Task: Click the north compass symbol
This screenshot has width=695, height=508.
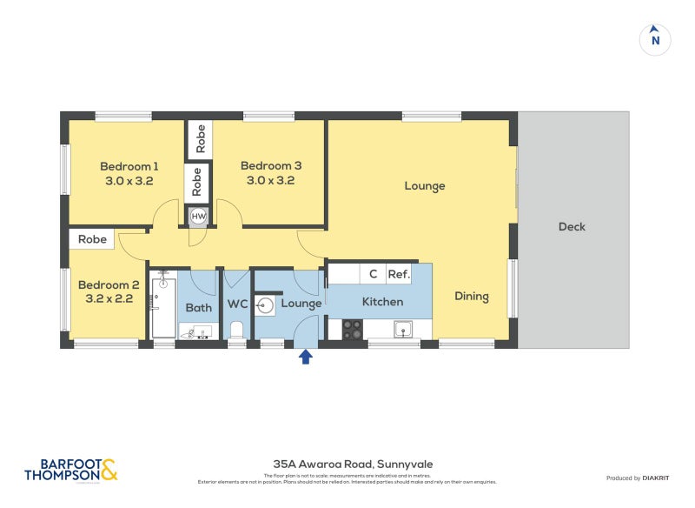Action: pyautogui.click(x=655, y=39)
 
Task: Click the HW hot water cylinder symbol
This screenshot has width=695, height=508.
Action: pyautogui.click(x=198, y=216)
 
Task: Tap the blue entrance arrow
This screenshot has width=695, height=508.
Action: pyautogui.click(x=305, y=356)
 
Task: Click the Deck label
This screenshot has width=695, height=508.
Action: pyautogui.click(x=572, y=227)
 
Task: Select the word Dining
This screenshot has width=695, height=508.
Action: pyautogui.click(x=472, y=297)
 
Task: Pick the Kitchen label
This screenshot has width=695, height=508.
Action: pyautogui.click(x=382, y=302)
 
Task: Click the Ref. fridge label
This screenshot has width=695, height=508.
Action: pyautogui.click(x=399, y=274)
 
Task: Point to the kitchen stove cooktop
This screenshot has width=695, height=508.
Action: pyautogui.click(x=352, y=330)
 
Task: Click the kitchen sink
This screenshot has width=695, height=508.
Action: pyautogui.click(x=402, y=330)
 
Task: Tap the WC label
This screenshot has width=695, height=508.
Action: pyautogui.click(x=238, y=304)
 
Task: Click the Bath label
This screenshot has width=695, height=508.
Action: pyautogui.click(x=198, y=307)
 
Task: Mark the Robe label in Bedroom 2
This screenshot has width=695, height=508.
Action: pyautogui.click(x=92, y=239)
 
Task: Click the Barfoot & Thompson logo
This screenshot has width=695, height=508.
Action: pyautogui.click(x=70, y=470)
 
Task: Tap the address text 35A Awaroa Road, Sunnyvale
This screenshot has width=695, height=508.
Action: pyautogui.click(x=347, y=465)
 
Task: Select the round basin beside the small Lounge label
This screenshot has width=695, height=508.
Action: pyautogui.click(x=266, y=304)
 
